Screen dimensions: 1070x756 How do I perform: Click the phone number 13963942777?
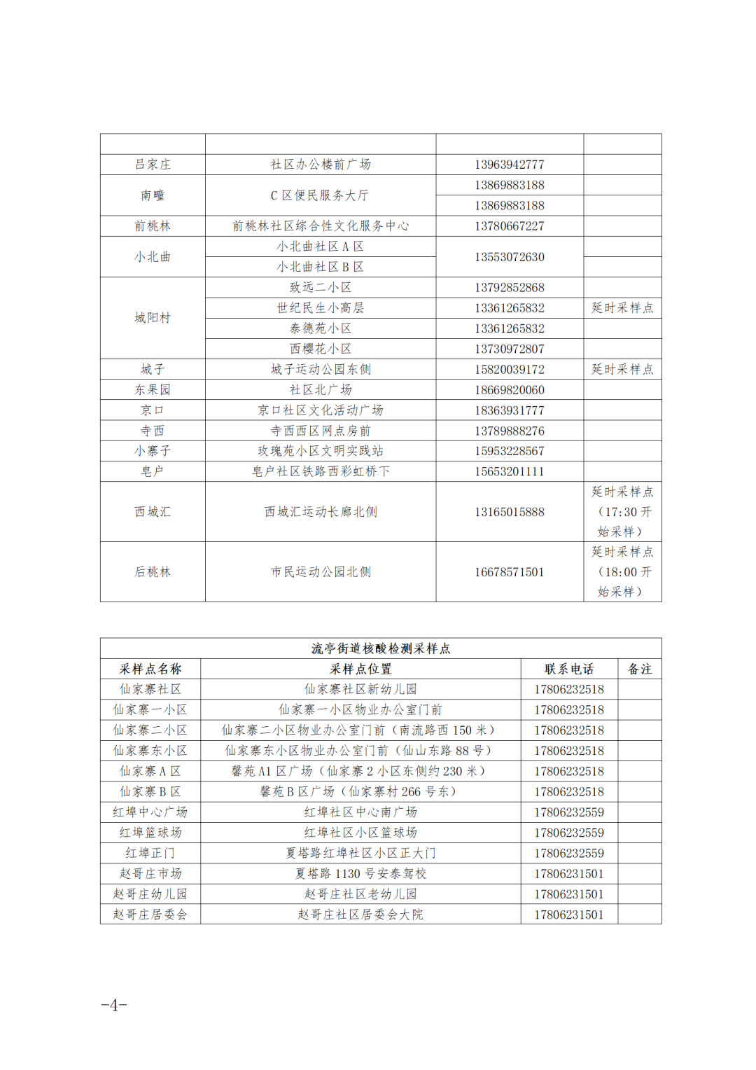(509, 165)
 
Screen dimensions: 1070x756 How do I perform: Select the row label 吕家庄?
(153, 165)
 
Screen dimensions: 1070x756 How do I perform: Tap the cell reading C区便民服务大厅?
(320, 195)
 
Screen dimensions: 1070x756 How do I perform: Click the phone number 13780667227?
(509, 226)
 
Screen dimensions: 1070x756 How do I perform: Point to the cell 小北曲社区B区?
(320, 267)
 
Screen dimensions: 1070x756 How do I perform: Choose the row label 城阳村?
(153, 318)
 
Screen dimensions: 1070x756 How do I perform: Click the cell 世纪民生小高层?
(320, 308)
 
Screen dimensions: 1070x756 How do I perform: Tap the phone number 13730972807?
(509, 349)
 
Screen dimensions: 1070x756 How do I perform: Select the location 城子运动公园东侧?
(320, 369)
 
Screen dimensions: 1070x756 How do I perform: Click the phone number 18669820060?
(509, 390)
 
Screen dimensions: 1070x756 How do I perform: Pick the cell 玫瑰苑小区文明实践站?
(320, 451)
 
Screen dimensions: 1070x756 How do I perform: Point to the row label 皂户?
(153, 471)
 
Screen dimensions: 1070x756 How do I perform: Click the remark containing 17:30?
(622, 512)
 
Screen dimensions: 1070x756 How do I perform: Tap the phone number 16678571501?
(509, 572)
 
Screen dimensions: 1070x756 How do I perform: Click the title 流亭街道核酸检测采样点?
(381, 648)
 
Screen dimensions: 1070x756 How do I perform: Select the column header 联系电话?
(569, 669)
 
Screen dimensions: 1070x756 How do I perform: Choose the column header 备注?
(640, 669)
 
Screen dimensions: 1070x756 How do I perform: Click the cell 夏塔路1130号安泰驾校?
(360, 874)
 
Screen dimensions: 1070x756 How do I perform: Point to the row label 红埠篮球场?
(150, 833)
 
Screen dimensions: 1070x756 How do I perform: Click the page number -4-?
(114, 1005)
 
